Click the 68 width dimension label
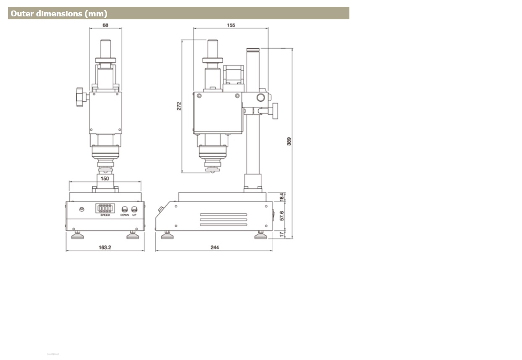pos(105,25)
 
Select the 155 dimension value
pos(231,25)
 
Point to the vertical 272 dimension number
pos(179,106)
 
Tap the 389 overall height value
pos(289,142)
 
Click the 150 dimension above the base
pos(105,179)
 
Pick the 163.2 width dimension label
pos(105,247)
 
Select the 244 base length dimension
pos(214,247)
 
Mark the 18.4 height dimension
pos(282,197)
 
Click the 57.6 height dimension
pos(282,215)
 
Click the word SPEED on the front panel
pos(105,215)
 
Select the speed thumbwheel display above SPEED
pos(105,208)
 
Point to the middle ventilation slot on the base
pos(223,219)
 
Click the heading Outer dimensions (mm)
pos(59,13)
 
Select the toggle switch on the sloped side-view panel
pos(160,210)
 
